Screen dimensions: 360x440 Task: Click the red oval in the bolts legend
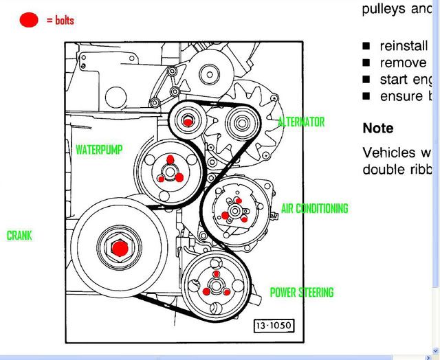coord(29,20)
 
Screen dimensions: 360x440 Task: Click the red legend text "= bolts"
coord(60,21)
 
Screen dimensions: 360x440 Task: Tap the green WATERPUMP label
coord(99,149)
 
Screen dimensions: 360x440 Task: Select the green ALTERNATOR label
coord(300,122)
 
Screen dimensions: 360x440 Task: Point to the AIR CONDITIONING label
coord(314,208)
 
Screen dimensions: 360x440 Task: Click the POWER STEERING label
coord(301,293)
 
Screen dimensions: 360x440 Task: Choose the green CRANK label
coord(19,236)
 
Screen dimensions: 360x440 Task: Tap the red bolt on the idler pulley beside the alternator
coord(188,122)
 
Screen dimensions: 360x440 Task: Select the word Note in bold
coord(378,128)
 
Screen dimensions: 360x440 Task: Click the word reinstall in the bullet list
coord(405,46)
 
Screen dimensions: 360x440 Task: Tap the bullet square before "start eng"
coord(366,80)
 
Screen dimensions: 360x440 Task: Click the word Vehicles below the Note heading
coord(389,153)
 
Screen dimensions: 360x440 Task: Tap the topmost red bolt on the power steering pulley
coord(216,274)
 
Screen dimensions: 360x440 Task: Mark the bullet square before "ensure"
coord(366,96)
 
